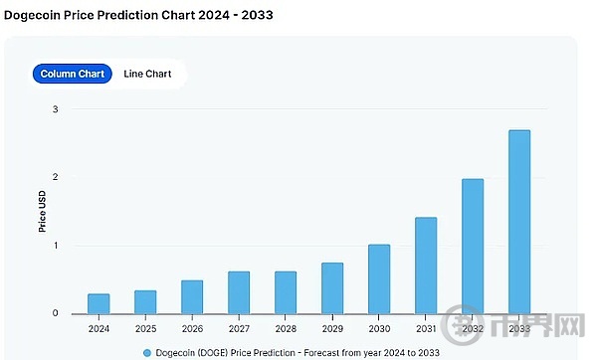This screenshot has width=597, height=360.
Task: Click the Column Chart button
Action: [72, 74]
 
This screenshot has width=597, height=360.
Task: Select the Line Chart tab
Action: [147, 74]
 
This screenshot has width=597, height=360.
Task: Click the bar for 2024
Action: [99, 303]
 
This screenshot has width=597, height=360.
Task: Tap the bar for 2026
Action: [192, 296]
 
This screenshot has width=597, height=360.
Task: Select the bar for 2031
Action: [426, 266]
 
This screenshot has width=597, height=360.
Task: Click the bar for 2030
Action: [379, 279]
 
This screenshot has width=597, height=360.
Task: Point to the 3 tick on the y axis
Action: [56, 109]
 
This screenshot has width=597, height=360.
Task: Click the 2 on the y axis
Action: [56, 178]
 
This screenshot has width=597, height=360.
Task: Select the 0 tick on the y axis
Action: [56, 314]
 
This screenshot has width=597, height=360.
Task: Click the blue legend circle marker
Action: [147, 352]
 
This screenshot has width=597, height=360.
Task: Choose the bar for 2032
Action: [473, 247]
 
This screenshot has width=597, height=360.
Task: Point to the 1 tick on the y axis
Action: [56, 246]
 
